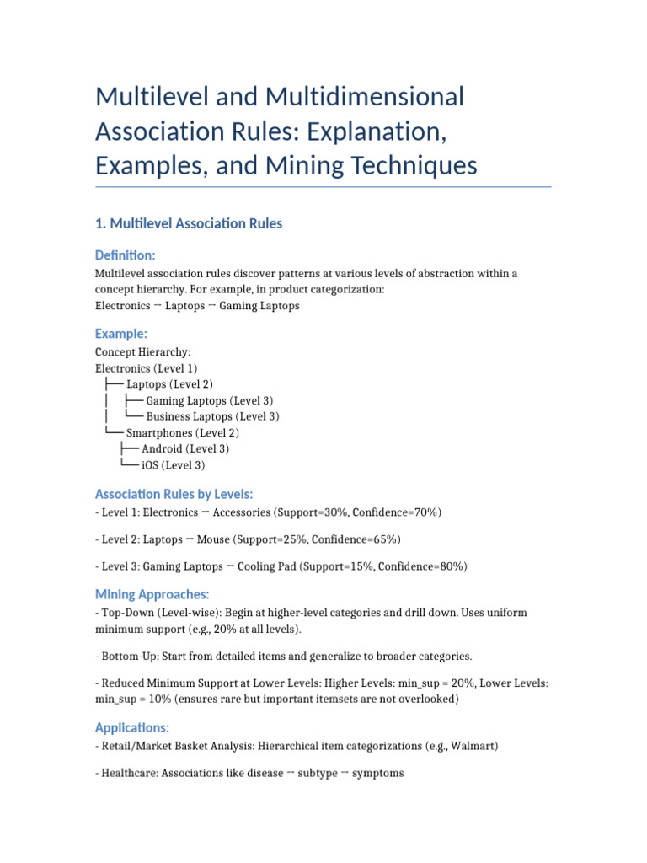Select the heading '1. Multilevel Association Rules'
coord(189,223)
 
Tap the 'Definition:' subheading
coord(126,255)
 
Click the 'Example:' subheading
coord(121,334)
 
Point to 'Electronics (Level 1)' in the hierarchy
coord(147,368)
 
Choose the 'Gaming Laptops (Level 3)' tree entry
coord(209,401)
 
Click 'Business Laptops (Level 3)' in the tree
coord(212,416)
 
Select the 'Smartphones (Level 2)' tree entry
coord(182,433)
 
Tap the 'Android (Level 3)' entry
coord(185,449)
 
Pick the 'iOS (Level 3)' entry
coord(173,465)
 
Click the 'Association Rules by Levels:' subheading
coord(174,494)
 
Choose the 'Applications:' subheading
coord(132,727)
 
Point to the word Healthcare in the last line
coord(131,773)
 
